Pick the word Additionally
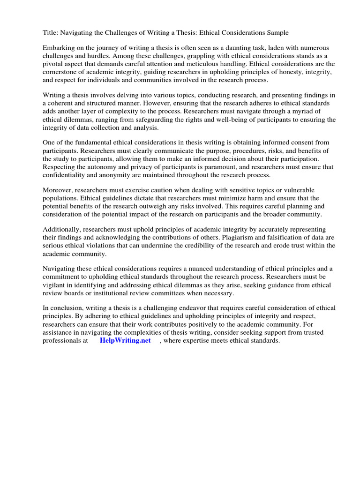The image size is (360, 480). (62, 229)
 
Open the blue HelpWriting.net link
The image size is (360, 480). (125, 340)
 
